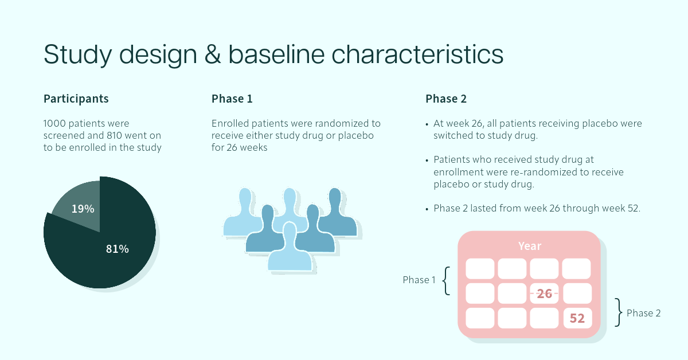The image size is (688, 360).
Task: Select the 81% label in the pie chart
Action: point(118,249)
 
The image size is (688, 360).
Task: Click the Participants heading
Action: point(76,99)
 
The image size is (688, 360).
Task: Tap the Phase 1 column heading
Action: point(232,99)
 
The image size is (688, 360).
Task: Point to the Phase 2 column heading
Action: point(446,99)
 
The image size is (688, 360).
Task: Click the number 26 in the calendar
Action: point(545,294)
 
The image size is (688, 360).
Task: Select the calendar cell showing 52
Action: point(577,318)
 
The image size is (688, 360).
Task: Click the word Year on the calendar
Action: point(530,246)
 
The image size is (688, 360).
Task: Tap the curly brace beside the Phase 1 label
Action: point(446,281)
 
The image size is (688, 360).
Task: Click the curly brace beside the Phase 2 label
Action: point(618,312)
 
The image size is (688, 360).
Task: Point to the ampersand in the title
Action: point(213,54)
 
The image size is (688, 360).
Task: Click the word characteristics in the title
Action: point(417,54)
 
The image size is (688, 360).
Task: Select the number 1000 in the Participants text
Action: point(54,123)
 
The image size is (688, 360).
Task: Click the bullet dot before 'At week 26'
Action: point(427,124)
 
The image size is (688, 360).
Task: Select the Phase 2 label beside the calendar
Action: point(643,313)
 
